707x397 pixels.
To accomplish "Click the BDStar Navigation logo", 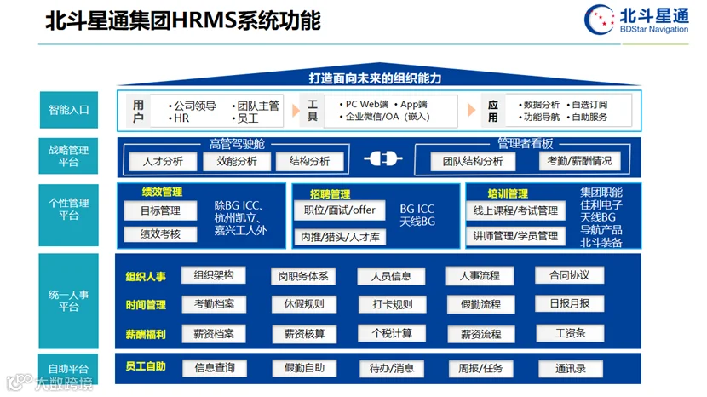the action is click(x=636, y=20).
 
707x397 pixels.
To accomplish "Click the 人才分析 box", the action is click(x=163, y=162).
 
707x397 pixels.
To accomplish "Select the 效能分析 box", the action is click(x=237, y=162).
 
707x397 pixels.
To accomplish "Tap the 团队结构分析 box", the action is click(x=473, y=162).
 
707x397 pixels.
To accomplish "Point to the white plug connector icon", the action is click(x=382, y=158).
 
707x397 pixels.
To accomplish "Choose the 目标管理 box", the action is click(x=160, y=210).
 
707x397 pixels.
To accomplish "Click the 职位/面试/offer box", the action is click(x=340, y=210).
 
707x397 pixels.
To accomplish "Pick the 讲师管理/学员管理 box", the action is click(x=515, y=236).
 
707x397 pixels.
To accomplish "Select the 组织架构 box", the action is click(x=213, y=275).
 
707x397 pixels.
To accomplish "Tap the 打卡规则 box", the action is click(x=393, y=304).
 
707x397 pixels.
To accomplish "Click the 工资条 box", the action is click(x=571, y=333).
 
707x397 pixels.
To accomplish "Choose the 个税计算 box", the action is click(x=392, y=333).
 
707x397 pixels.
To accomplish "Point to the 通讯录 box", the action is click(x=571, y=369).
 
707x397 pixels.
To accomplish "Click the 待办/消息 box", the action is click(x=392, y=369).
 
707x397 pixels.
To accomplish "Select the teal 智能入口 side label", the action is click(x=68, y=110).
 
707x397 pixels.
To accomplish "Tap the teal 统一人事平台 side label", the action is click(x=68, y=301).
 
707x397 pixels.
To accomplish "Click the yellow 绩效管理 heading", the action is click(x=162, y=193).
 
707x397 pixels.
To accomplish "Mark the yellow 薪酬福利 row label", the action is click(x=146, y=334).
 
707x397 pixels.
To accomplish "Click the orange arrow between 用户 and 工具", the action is click(x=296, y=111).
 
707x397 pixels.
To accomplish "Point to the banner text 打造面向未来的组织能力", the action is click(x=375, y=78).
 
